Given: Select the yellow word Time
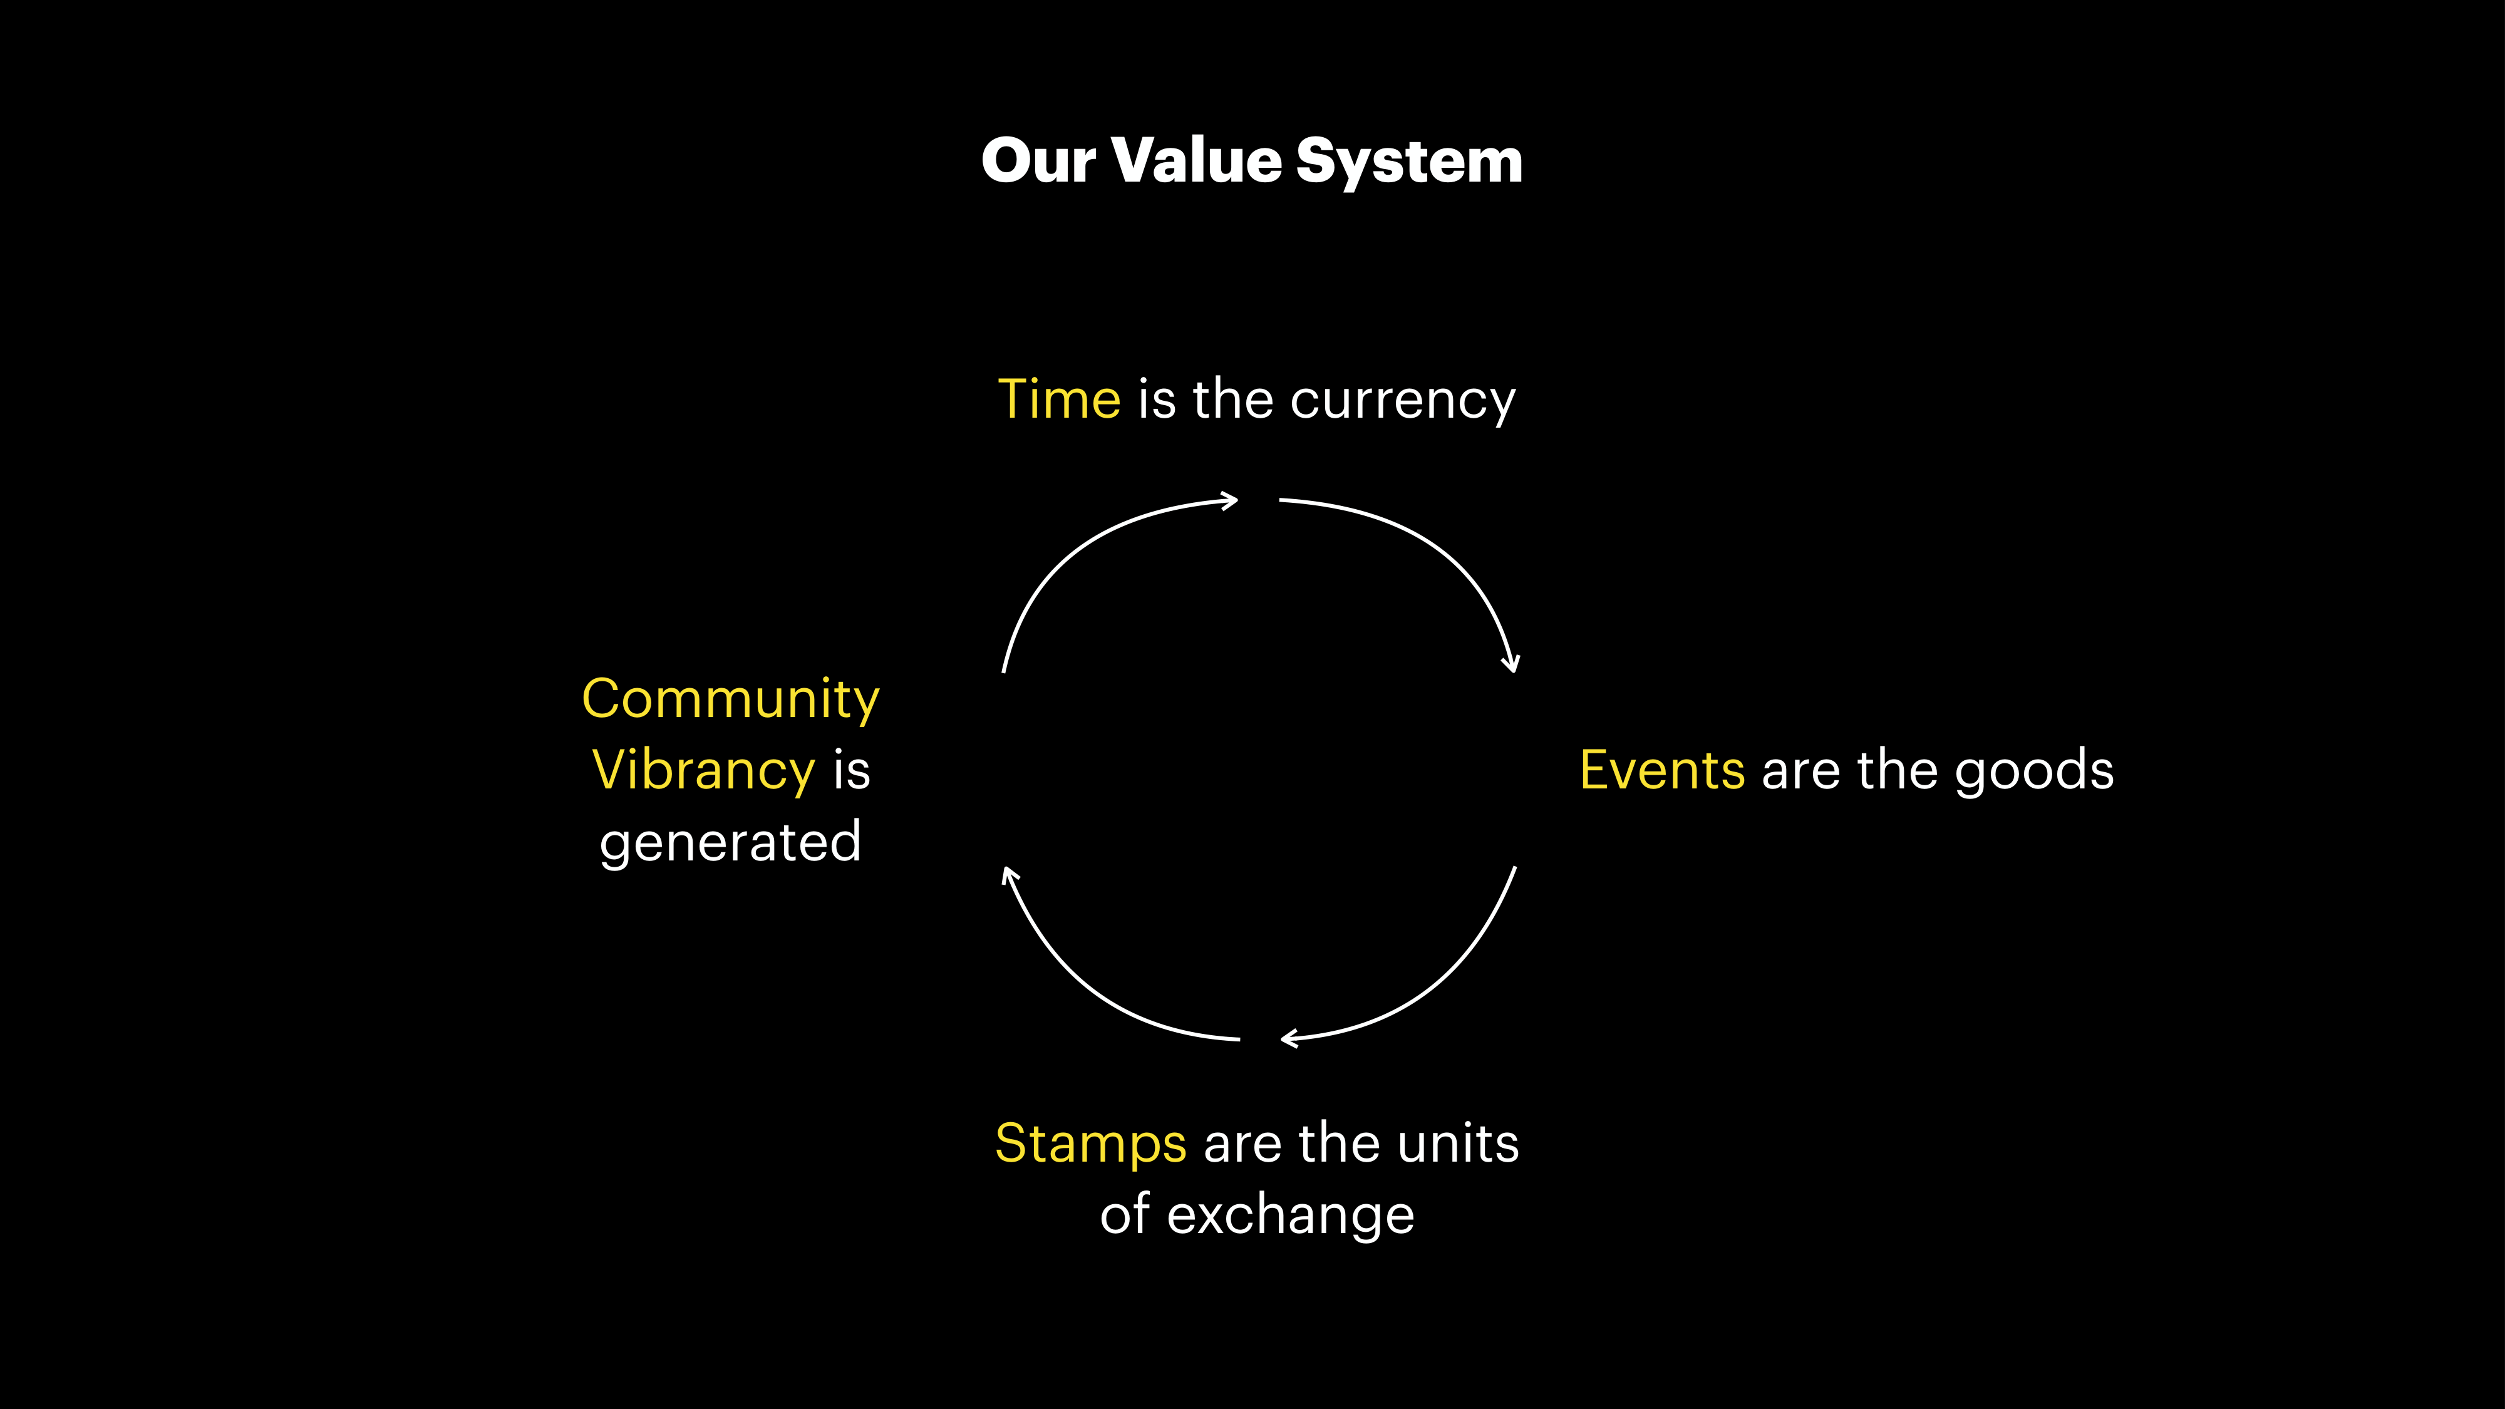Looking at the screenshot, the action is [x=1059, y=399].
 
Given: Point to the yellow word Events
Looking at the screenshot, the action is [x=1662, y=770].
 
